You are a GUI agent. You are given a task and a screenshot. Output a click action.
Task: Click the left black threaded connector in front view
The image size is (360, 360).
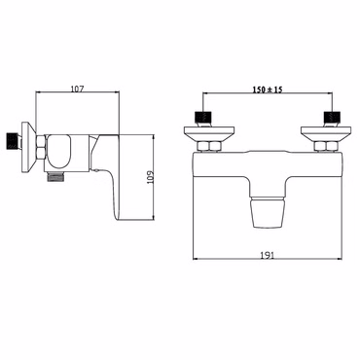[x=202, y=120]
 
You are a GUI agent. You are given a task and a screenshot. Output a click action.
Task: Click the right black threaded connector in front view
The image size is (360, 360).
[x=333, y=120]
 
